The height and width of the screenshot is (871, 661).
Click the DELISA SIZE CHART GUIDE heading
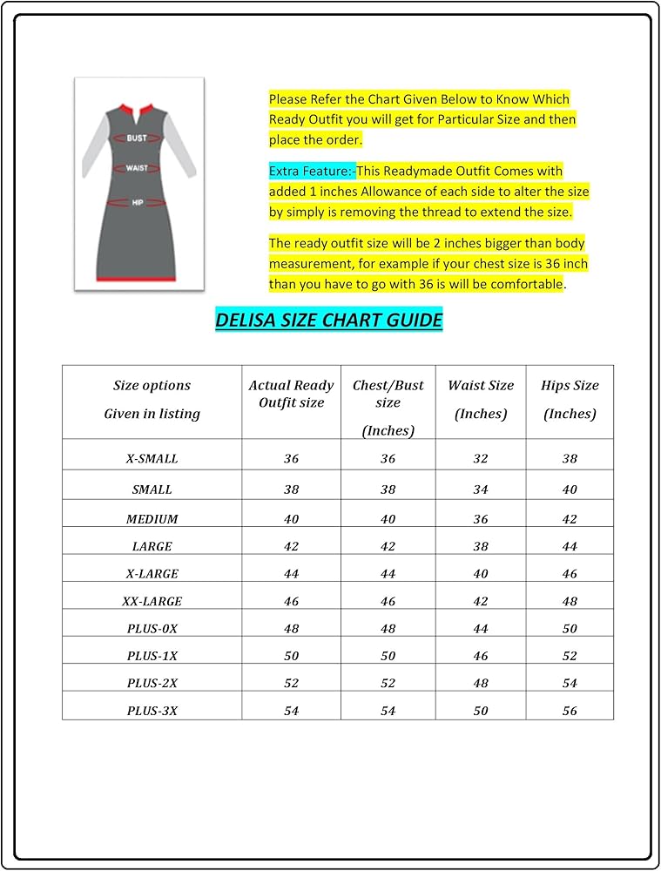(x=329, y=320)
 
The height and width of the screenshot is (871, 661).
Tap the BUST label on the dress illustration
(x=137, y=138)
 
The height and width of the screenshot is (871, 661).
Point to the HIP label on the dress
(x=138, y=202)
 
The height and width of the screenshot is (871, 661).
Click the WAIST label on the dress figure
(x=137, y=168)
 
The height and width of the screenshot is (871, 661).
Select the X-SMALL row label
(x=152, y=458)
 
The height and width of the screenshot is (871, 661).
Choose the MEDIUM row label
(x=152, y=518)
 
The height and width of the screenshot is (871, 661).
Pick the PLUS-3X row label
(x=152, y=711)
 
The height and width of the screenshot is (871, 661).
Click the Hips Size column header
(x=570, y=399)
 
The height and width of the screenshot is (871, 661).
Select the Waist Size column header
(x=481, y=399)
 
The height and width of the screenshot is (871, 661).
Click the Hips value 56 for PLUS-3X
(x=570, y=711)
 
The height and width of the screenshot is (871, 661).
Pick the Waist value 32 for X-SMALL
(x=481, y=458)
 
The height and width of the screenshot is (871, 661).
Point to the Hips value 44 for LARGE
(x=570, y=546)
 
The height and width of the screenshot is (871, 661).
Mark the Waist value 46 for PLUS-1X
(x=481, y=656)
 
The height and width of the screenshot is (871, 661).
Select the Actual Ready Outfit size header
(x=291, y=394)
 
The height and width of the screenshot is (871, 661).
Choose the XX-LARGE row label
(x=152, y=601)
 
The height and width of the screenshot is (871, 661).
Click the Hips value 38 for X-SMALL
(x=570, y=458)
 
